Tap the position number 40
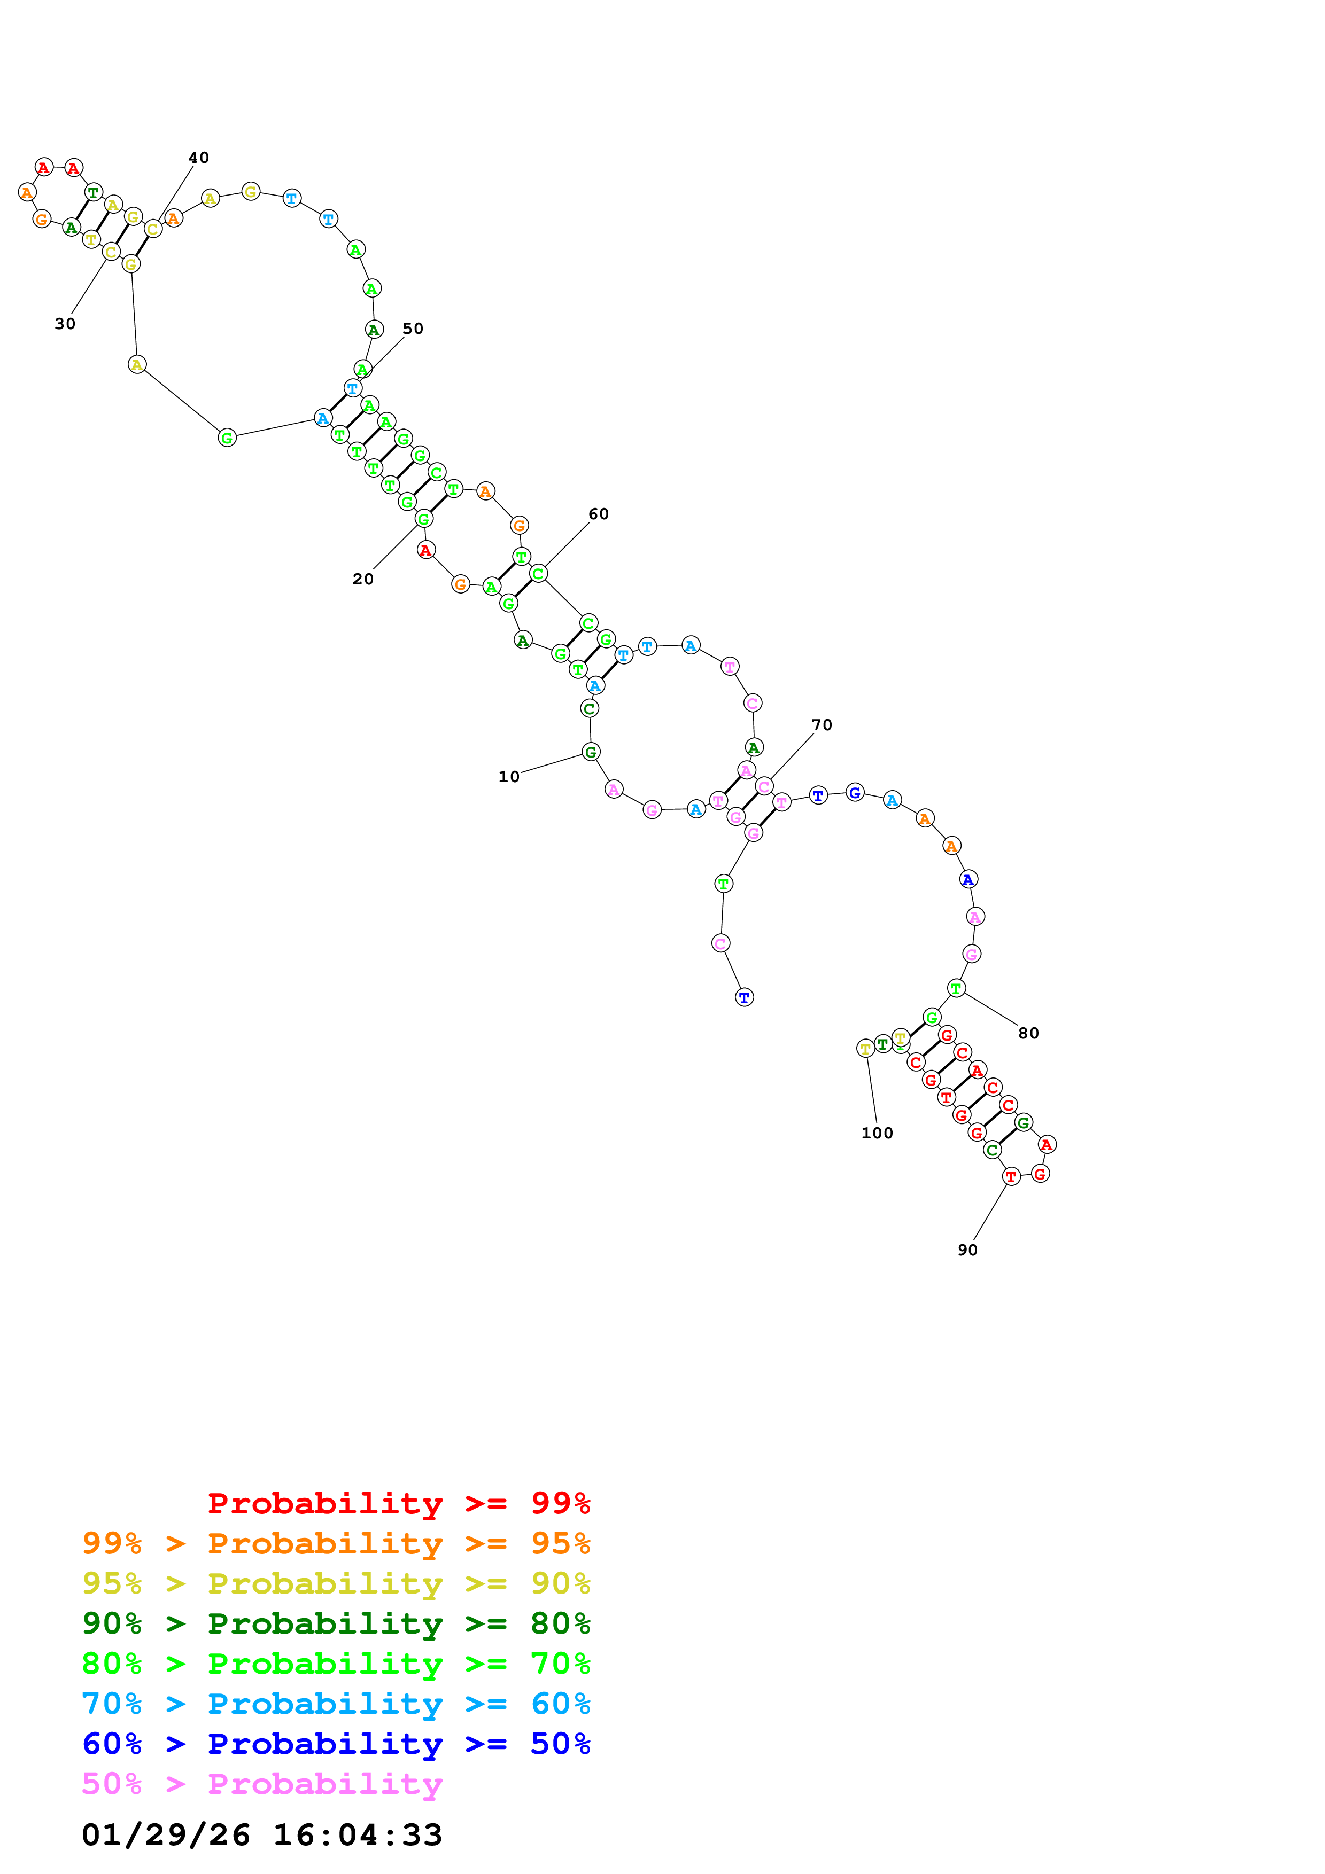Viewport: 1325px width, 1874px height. (198, 158)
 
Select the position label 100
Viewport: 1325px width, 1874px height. (877, 1133)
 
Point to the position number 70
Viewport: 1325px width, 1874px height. (822, 725)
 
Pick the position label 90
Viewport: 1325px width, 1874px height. (967, 1250)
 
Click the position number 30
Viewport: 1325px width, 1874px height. (65, 324)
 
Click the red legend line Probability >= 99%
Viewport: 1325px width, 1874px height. (398, 1503)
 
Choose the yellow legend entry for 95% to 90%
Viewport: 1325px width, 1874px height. (336, 1583)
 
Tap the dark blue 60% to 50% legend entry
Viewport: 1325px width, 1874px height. (336, 1744)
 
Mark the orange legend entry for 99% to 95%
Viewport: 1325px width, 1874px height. (336, 1543)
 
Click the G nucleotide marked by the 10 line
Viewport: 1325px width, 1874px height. (591, 752)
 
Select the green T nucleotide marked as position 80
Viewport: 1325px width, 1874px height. (956, 988)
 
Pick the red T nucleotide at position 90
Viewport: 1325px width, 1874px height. (1011, 1176)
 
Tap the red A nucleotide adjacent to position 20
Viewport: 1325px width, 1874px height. (425, 550)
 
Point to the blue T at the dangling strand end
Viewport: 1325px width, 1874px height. (743, 997)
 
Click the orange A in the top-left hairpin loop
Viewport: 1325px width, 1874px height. (27, 193)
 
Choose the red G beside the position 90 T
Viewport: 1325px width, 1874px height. (1039, 1174)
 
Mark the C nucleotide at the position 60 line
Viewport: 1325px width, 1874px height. (538, 574)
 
